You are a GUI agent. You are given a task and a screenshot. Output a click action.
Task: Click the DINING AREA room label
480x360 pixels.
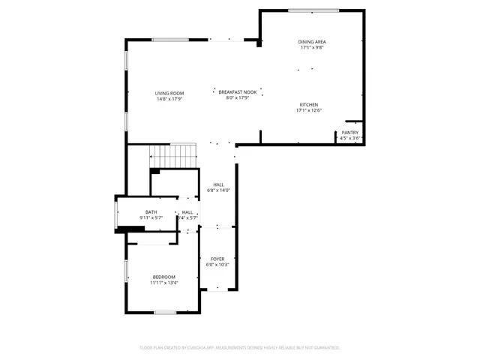312,42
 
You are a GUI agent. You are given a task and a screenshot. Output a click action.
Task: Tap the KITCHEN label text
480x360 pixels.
310,104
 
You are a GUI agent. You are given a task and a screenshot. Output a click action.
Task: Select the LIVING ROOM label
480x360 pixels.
169,93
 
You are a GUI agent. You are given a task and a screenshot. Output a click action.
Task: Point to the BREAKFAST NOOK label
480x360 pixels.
238,91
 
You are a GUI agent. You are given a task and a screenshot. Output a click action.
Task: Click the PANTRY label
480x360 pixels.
350,133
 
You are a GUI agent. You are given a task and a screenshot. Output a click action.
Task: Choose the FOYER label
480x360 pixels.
217,259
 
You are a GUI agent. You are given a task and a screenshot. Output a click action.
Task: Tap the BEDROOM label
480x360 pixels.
163,277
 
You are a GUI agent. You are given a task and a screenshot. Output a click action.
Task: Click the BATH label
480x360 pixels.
151,212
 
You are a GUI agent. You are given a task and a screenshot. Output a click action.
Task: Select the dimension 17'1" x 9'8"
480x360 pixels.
312,48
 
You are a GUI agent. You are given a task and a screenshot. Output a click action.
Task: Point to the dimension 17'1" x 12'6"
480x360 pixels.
310,110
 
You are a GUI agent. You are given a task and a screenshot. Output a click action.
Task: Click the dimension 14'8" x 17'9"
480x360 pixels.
169,99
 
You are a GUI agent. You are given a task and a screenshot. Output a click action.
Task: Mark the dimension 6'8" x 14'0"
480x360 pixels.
218,190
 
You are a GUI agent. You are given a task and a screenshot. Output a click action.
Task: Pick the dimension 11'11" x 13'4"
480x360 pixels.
163,283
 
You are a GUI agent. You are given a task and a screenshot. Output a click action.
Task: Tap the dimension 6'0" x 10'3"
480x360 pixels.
217,265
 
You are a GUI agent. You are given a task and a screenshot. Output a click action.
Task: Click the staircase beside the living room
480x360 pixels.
174,157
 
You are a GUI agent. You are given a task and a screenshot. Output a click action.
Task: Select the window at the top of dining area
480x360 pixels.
312,10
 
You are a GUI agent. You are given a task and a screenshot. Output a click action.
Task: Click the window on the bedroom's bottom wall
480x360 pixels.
164,312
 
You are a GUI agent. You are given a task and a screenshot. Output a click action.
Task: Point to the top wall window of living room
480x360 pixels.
169,40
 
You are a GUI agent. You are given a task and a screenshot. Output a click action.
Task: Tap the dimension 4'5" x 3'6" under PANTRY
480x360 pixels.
350,139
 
